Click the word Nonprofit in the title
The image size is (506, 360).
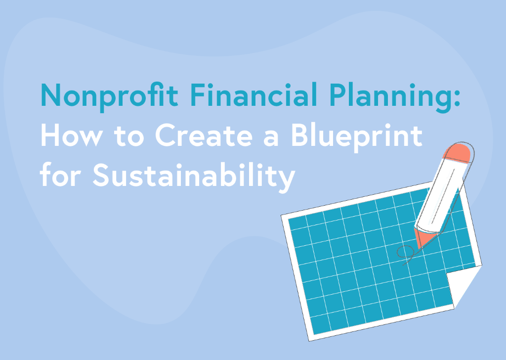[x=109, y=95]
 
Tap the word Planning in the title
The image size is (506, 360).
[x=390, y=97]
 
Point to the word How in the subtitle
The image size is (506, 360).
[x=71, y=135]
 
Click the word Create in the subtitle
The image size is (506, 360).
[x=204, y=135]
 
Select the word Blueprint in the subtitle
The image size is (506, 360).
[x=357, y=136]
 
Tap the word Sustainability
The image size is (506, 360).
[x=194, y=176]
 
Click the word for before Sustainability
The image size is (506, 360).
[x=60, y=175]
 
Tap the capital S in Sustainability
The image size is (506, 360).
[x=101, y=175]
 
